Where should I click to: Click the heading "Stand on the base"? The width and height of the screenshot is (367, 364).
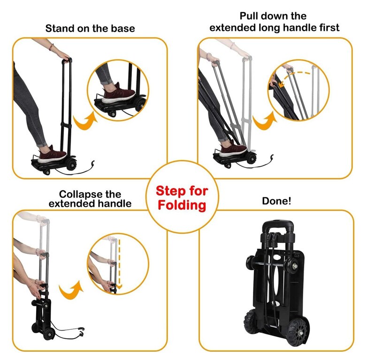[90, 29]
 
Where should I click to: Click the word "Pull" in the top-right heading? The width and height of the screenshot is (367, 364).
[249, 16]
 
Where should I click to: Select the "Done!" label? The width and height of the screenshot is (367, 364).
[276, 201]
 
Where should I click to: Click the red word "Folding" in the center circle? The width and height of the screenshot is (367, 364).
[182, 205]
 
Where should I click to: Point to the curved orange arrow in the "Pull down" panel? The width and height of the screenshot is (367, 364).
[265, 121]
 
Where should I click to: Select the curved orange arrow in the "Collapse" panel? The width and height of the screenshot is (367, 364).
[71, 290]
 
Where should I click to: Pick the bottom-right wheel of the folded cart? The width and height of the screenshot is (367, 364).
[297, 330]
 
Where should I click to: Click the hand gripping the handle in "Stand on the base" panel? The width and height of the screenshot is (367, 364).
[64, 56]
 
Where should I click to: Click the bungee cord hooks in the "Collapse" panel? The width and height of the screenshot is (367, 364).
[81, 332]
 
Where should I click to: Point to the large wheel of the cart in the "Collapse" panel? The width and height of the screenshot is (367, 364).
[49, 334]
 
